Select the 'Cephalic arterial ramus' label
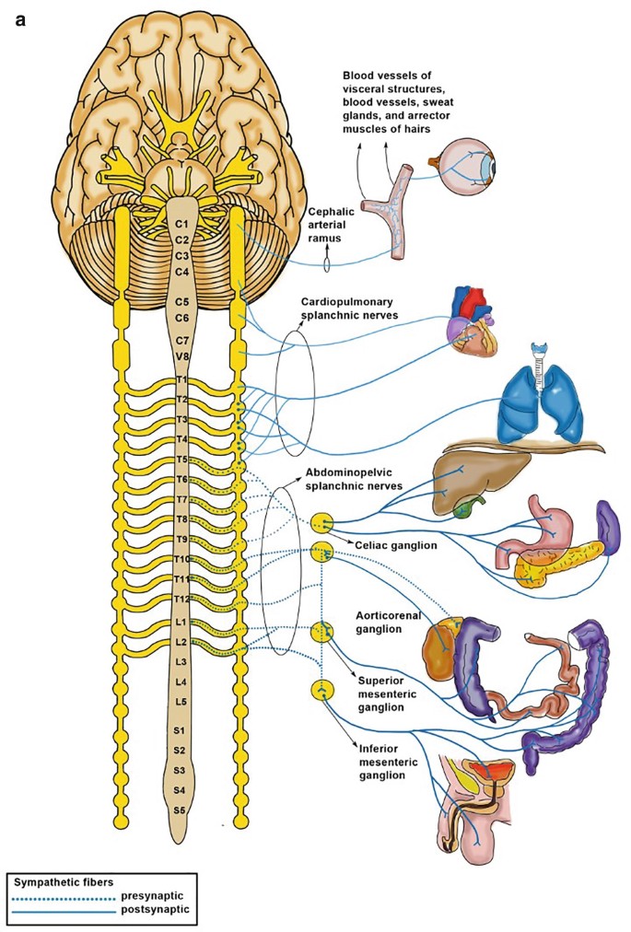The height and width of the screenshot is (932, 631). click(x=332, y=223)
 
